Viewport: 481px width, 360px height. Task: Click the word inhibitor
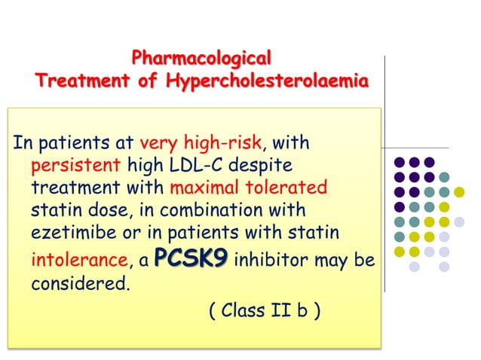268,261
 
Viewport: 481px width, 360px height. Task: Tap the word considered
78,285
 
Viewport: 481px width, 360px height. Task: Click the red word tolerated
286,186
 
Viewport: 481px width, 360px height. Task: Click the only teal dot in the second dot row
444,177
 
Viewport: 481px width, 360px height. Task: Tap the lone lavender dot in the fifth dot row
459,221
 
